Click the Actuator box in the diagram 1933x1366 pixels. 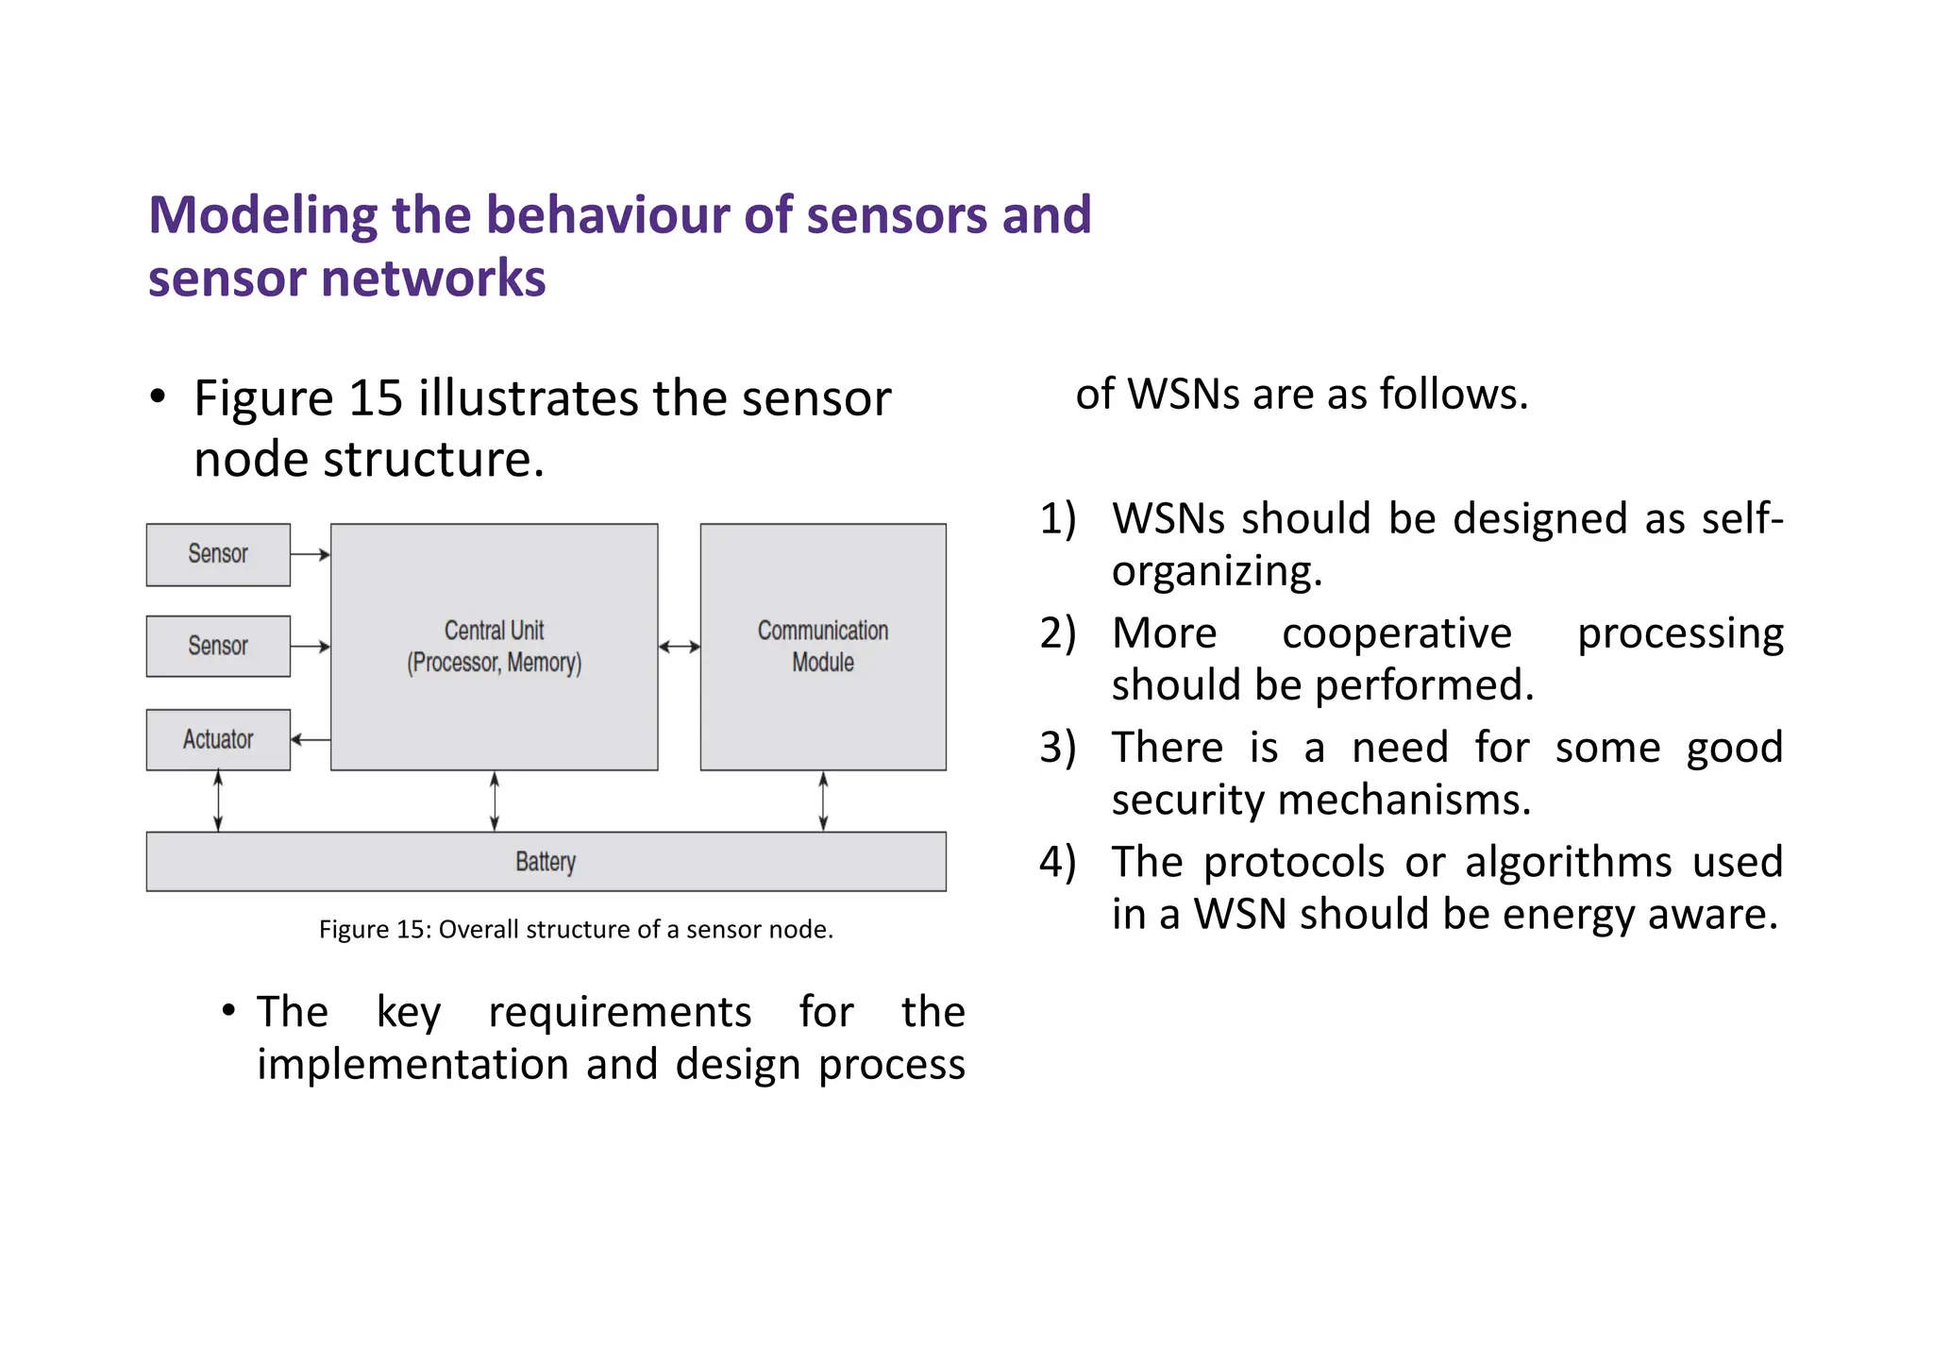218,739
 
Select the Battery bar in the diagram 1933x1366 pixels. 546,861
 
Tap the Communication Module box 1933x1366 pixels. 822,647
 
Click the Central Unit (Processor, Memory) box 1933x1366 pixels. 494,647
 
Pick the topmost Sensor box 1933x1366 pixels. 218,554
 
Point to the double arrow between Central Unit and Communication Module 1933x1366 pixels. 679,647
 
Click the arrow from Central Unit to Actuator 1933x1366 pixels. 311,739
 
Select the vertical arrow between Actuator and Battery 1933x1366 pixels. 218,801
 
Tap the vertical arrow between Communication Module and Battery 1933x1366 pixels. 823,801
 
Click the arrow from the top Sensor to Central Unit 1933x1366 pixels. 311,554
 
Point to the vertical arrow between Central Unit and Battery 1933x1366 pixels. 495,801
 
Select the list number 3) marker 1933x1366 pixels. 1057,748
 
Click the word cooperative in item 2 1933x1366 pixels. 1396,633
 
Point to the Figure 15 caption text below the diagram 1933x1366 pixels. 576,930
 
